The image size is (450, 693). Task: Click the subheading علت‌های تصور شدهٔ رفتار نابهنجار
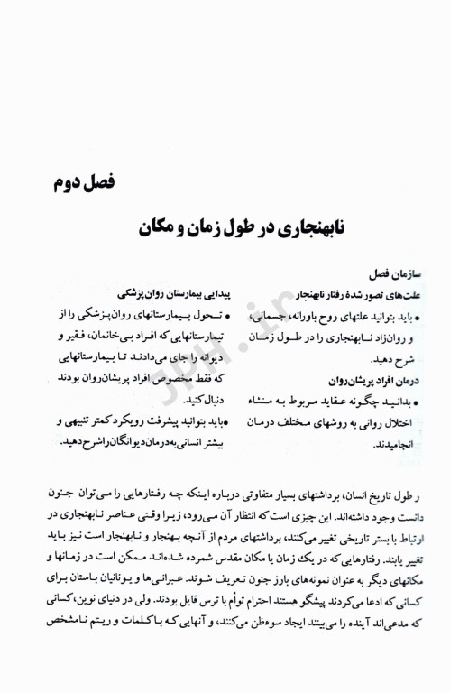356,295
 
